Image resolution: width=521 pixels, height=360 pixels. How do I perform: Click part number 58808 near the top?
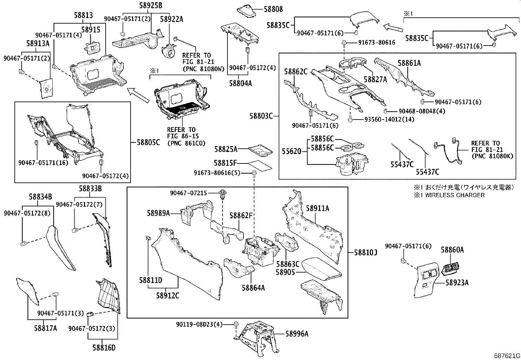pyautogui.click(x=273, y=9)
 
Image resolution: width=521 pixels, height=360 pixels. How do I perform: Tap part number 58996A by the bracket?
pyautogui.click(x=297, y=334)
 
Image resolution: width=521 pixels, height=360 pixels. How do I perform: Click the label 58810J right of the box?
pyautogui.click(x=366, y=253)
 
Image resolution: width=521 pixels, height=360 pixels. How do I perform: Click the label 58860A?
pyautogui.click(x=452, y=250)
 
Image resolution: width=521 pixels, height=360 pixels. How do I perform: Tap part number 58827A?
pyautogui.click(x=375, y=80)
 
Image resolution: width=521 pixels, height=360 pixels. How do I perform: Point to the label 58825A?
pyautogui.click(x=226, y=149)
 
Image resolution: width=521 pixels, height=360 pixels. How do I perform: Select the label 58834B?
pyautogui.click(x=40, y=197)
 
